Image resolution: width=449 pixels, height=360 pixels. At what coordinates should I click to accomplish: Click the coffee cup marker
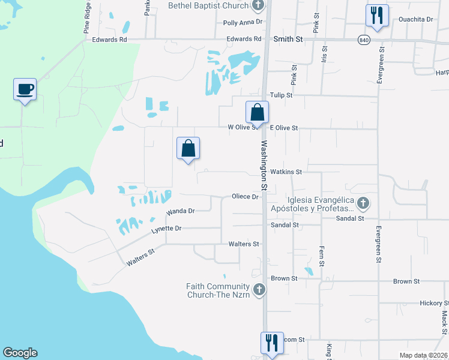(x=25, y=89)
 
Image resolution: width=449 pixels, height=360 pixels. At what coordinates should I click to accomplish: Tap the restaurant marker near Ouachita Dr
(x=377, y=16)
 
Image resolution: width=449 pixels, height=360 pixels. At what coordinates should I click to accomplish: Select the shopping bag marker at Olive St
(x=257, y=112)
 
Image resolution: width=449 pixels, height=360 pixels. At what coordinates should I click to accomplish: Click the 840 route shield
(x=363, y=40)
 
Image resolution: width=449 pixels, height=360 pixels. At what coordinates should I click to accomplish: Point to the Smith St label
(x=288, y=39)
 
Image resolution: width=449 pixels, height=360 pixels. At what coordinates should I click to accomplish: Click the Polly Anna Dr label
(x=243, y=22)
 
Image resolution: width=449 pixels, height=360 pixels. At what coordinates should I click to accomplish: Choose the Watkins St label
(x=286, y=172)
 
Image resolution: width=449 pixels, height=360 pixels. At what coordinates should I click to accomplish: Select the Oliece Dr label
(x=245, y=197)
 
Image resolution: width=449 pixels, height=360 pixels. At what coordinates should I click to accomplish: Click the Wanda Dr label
(x=181, y=212)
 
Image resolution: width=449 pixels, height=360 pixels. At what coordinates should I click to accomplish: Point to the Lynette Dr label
(x=166, y=229)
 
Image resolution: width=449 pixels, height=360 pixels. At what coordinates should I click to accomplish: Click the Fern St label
(x=322, y=256)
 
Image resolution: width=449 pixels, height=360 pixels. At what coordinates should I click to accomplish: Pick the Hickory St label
(x=434, y=304)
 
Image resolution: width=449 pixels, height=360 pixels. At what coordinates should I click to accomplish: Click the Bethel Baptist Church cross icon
(x=259, y=6)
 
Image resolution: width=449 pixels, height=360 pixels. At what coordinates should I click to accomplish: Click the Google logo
(x=20, y=353)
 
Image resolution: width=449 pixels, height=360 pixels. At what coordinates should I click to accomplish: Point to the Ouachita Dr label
(x=416, y=19)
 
